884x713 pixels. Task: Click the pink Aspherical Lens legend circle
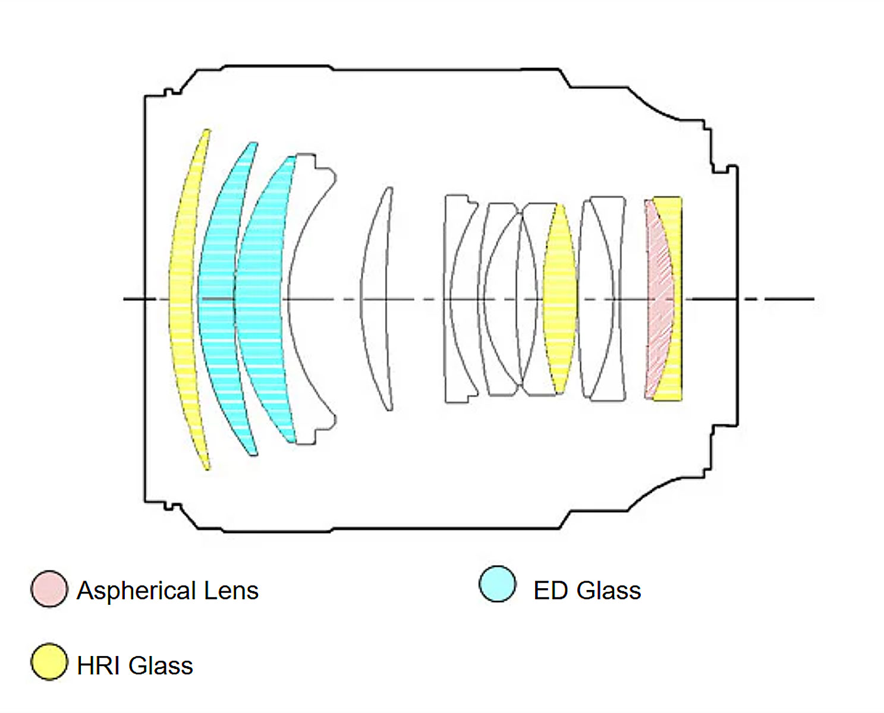pos(49,589)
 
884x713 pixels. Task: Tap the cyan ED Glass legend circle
pos(497,584)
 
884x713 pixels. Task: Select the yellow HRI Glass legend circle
pos(49,661)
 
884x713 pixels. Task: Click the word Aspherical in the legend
pos(136,591)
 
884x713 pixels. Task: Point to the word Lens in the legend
pos(231,591)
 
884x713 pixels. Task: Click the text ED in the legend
pos(550,591)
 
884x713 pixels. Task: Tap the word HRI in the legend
pos(97,665)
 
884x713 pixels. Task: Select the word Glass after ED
pos(609,591)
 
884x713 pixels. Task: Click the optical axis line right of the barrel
pos(785,299)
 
